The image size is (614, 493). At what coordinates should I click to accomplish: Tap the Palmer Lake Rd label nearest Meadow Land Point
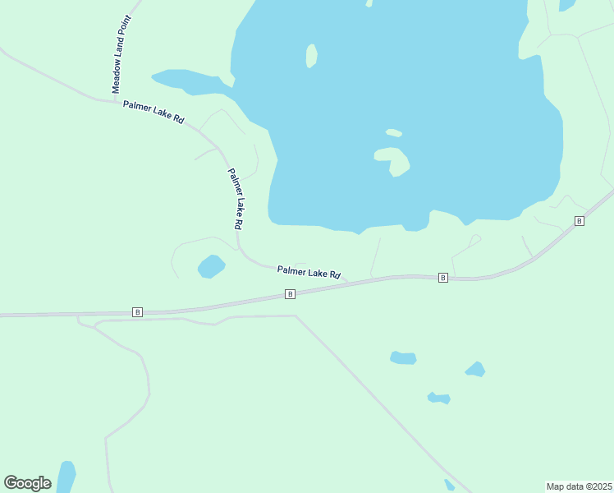coord(153,112)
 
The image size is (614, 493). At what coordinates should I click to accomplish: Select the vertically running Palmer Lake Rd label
coord(236,199)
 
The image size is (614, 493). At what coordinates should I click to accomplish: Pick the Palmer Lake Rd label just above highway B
coord(309,271)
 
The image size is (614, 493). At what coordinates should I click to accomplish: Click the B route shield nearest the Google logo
coord(137,312)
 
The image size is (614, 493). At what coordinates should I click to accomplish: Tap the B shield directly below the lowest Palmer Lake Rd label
coord(290,294)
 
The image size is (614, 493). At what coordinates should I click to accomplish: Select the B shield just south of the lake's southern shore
coord(443,278)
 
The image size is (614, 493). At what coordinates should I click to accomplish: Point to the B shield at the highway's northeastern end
coord(580,221)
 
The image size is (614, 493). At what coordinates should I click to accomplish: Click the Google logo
coord(28,483)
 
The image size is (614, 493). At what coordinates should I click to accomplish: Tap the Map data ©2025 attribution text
coord(579,486)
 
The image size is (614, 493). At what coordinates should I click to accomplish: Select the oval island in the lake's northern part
coord(311,56)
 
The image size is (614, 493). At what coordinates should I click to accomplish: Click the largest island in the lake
coord(393,160)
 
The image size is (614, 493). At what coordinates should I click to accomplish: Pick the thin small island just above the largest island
coord(394,132)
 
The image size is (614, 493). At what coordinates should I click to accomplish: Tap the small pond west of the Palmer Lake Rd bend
coord(211,266)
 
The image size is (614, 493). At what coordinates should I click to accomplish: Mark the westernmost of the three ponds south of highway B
coord(403,357)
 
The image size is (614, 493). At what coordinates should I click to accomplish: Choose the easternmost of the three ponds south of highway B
coord(475,370)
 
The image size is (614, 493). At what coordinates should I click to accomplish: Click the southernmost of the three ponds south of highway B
coord(439,399)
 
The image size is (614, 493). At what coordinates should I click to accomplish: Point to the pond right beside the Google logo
coord(66,477)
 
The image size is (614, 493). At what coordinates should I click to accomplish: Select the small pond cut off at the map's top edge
coord(567,5)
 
